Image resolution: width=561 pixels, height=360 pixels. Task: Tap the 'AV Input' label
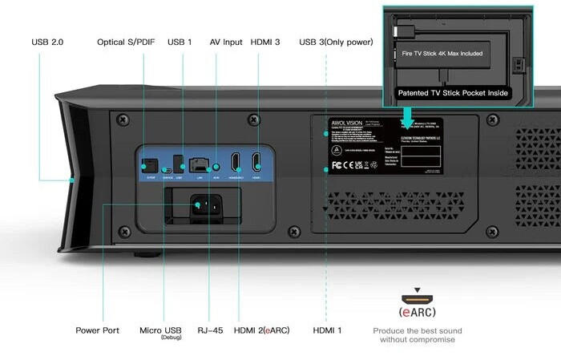(225, 42)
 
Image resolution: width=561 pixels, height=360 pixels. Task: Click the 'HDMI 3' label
(265, 42)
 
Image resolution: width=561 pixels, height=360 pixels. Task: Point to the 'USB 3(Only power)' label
(335, 42)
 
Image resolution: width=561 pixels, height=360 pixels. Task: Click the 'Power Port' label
(98, 330)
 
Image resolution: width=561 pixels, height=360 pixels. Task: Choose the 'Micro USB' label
(160, 330)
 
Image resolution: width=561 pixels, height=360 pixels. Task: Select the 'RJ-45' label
(210, 330)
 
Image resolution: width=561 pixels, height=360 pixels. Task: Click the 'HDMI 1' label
(327, 330)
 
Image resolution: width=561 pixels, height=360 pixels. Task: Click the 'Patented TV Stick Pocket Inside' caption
(453, 93)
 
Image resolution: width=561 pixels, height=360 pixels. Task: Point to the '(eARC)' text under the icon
(417, 311)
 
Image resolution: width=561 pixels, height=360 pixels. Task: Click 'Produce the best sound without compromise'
(417, 335)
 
